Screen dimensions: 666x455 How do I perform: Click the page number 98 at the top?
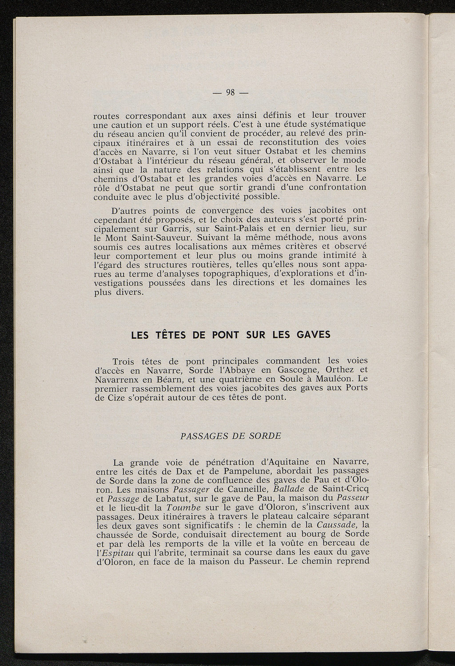[230, 92]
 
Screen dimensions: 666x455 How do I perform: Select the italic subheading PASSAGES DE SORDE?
[231, 436]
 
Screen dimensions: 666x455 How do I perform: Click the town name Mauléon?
[337, 379]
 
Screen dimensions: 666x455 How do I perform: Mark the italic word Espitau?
[117, 553]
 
